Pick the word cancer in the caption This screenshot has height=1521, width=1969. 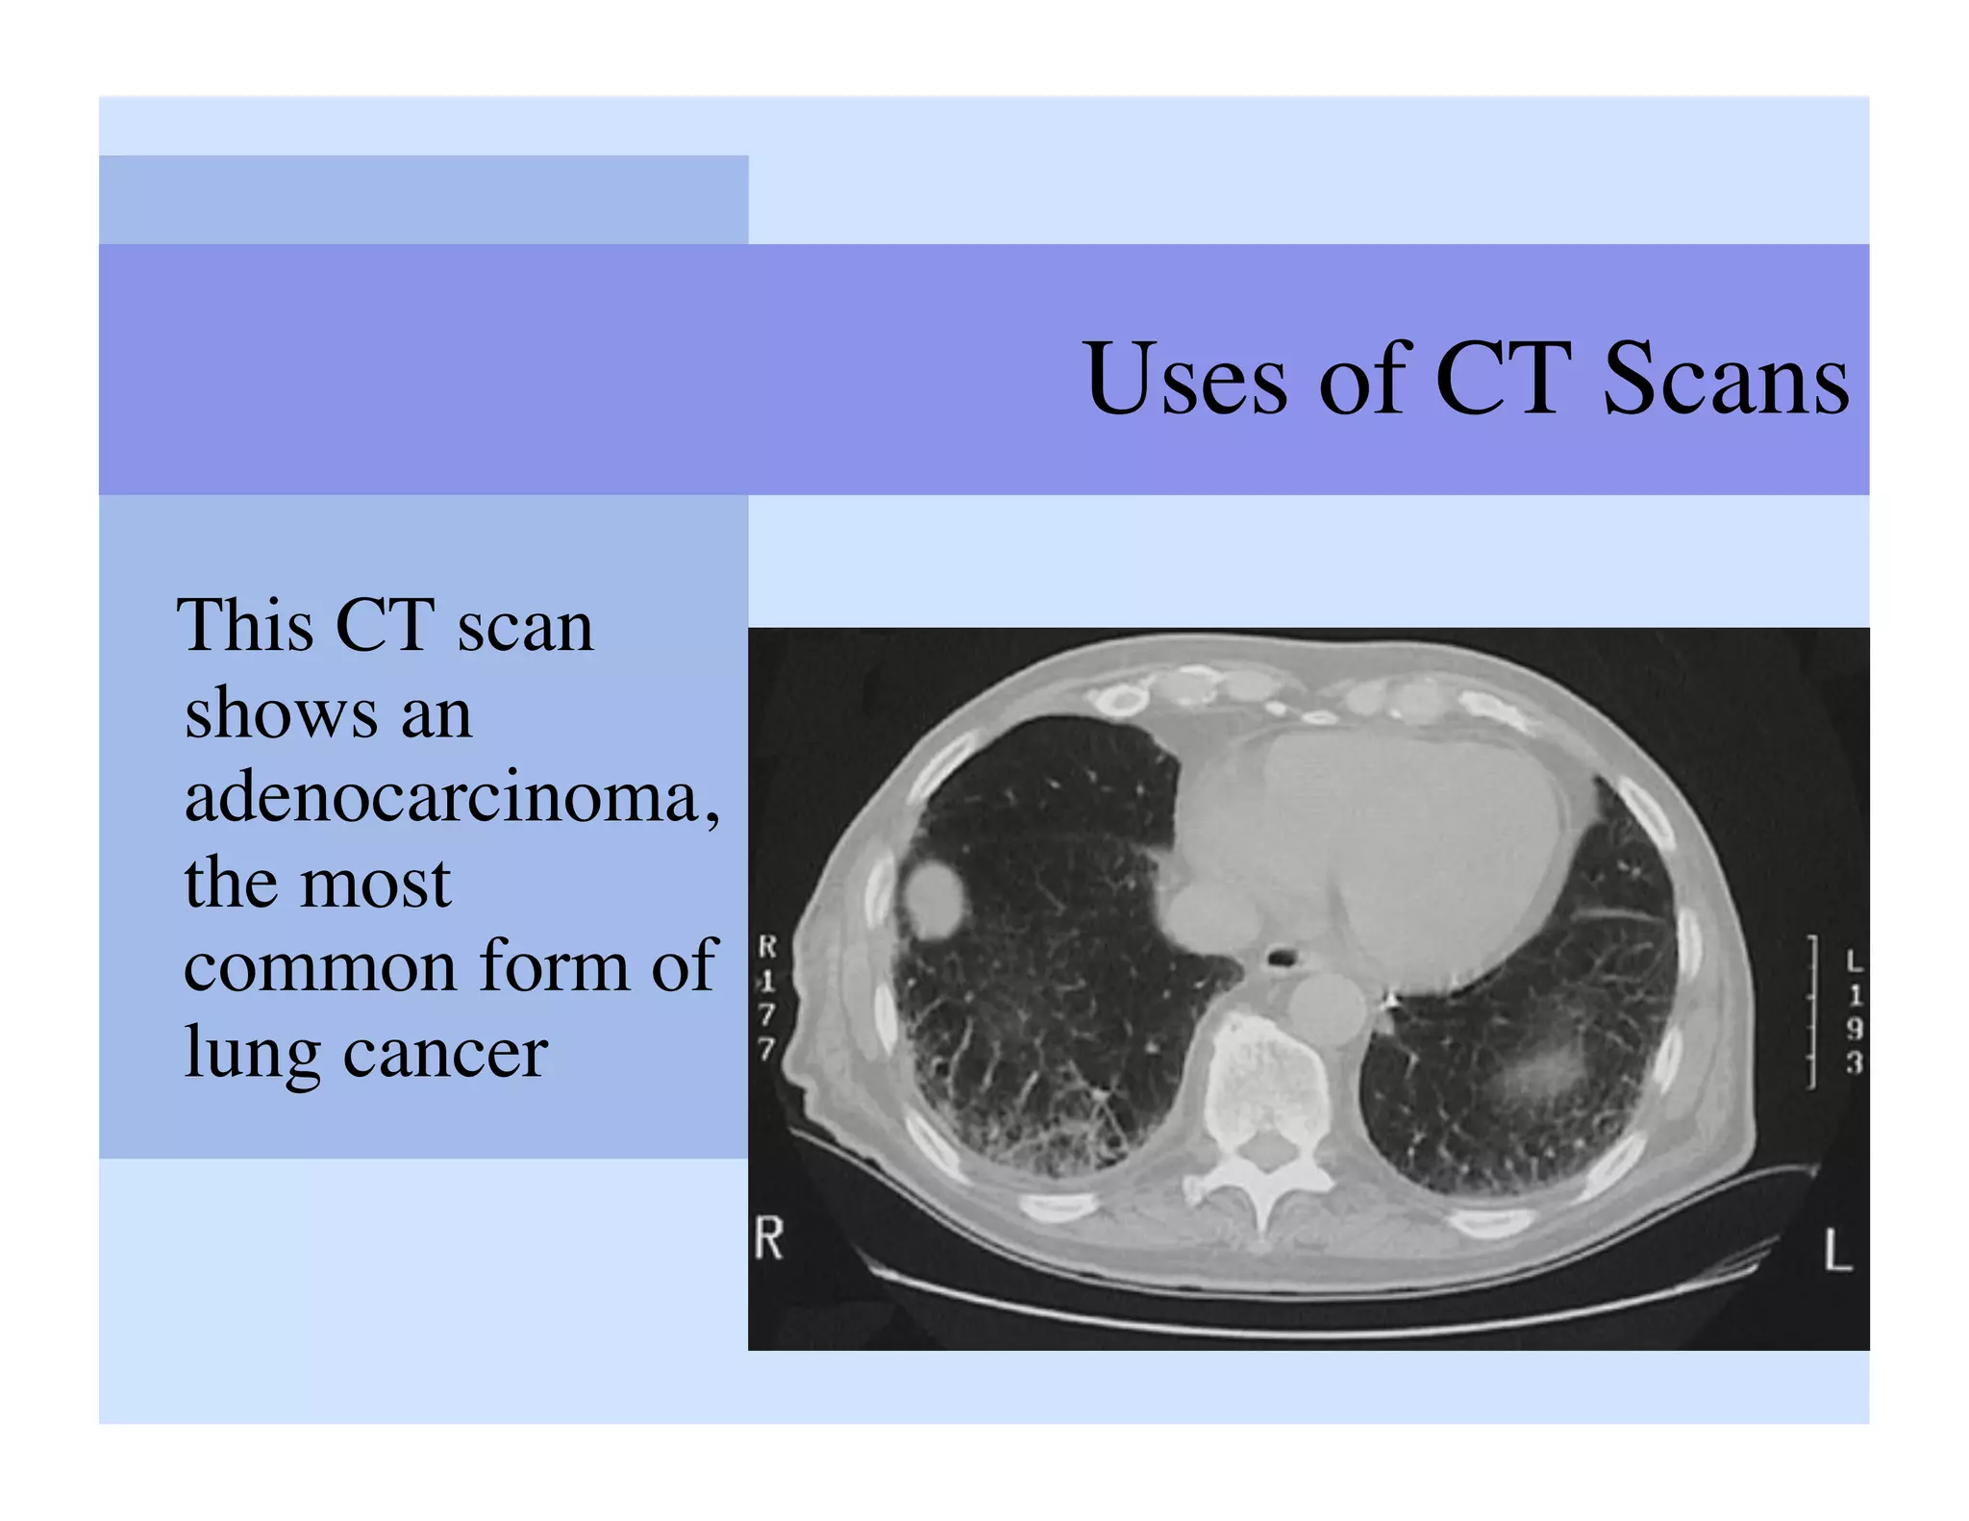point(445,1052)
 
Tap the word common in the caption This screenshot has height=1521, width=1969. point(320,967)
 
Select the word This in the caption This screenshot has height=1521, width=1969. point(245,626)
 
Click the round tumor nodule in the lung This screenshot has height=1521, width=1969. point(933,899)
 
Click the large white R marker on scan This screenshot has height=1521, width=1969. point(769,1238)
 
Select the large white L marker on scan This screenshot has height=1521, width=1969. point(1837,1250)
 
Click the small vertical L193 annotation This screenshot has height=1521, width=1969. point(1854,1011)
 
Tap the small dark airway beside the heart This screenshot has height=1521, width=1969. point(1282,958)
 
